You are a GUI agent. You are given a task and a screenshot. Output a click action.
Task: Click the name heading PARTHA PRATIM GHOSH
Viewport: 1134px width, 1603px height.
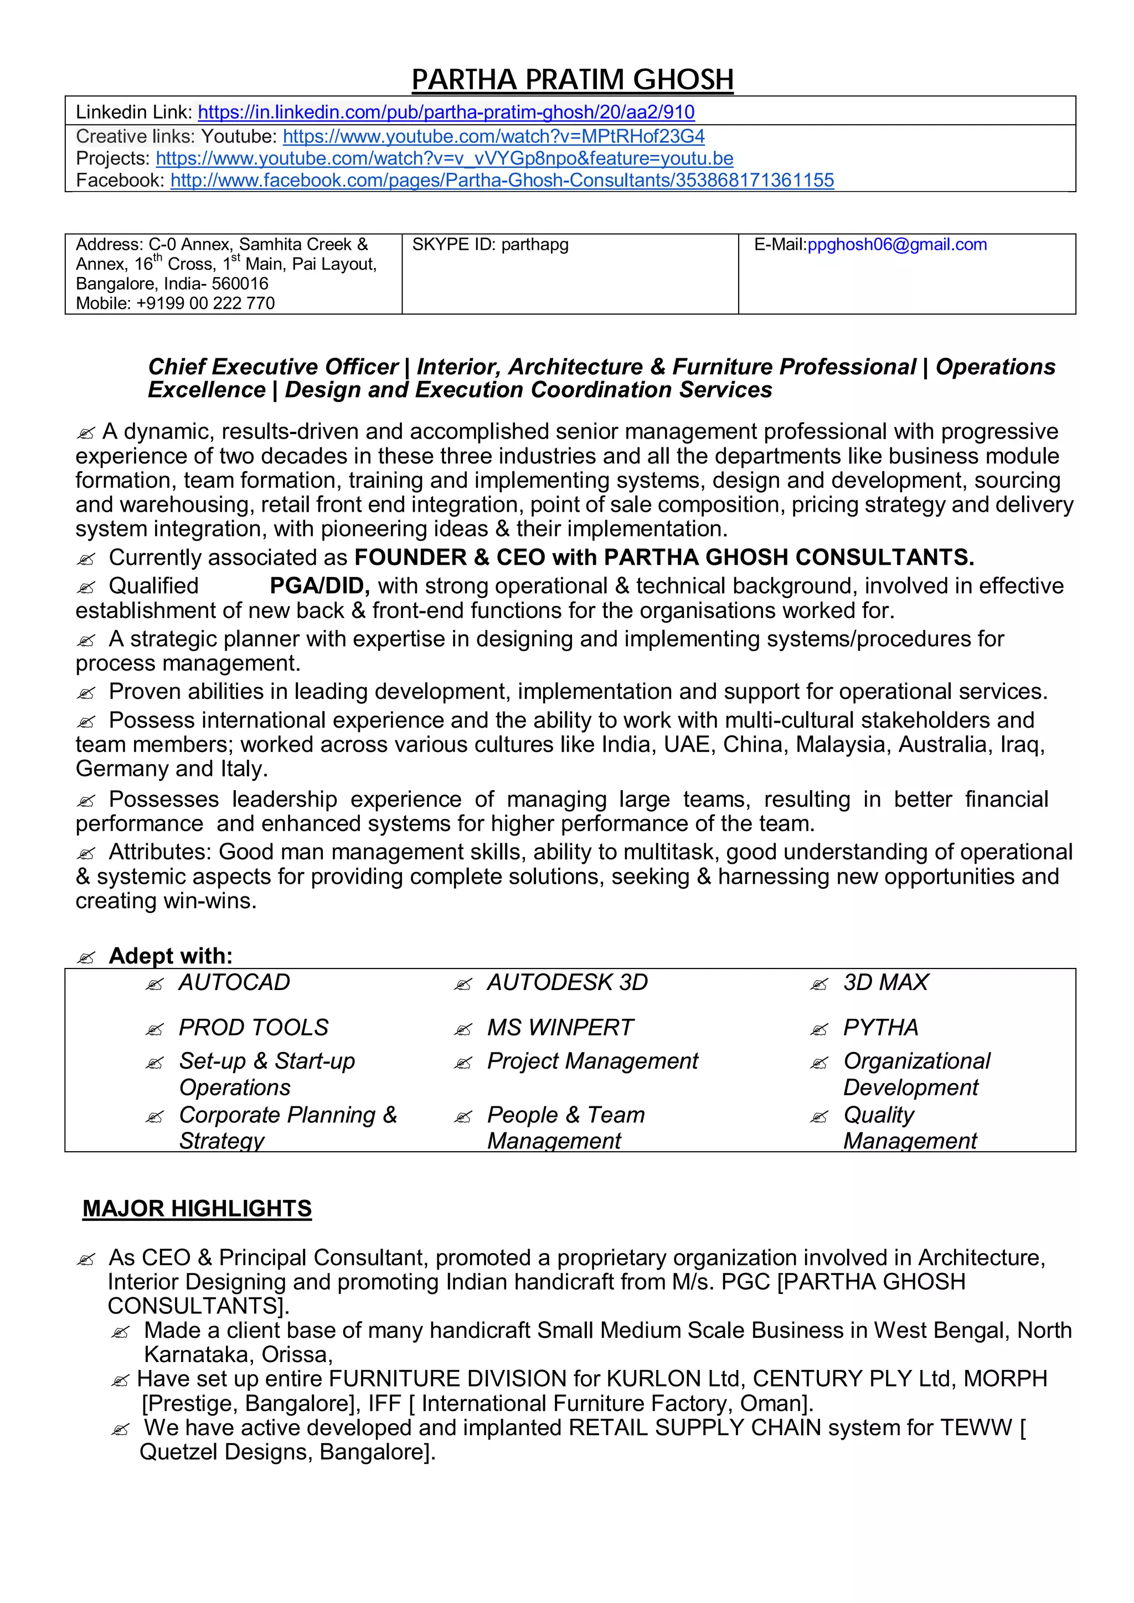pyautogui.click(x=572, y=80)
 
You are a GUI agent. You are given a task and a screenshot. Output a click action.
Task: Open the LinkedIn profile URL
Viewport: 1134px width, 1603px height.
pyautogui.click(x=446, y=112)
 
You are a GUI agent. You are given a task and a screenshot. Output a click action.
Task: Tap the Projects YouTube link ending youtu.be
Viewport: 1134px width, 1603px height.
pyautogui.click(x=444, y=158)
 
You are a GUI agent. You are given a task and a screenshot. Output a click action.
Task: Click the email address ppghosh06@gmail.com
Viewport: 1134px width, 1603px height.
pyautogui.click(x=896, y=244)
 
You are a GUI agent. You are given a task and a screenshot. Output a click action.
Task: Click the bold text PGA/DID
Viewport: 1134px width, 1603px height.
pyautogui.click(x=319, y=586)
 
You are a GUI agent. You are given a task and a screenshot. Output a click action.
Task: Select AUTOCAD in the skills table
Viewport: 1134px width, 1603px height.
pyautogui.click(x=234, y=982)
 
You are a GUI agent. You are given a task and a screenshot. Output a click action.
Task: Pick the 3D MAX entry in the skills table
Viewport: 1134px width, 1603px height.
pyautogui.click(x=885, y=982)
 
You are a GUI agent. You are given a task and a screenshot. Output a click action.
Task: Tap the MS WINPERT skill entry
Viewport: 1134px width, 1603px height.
pyautogui.click(x=559, y=1027)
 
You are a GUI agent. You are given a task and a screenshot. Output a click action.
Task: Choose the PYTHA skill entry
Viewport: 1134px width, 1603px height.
pyautogui.click(x=880, y=1027)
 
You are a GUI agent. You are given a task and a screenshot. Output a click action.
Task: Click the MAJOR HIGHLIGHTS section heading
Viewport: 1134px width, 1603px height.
pyautogui.click(x=197, y=1209)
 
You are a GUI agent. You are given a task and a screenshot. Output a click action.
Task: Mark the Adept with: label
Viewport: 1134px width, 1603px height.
pyautogui.click(x=171, y=956)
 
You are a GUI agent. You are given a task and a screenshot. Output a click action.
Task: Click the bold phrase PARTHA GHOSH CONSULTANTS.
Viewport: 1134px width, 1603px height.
pyautogui.click(x=788, y=557)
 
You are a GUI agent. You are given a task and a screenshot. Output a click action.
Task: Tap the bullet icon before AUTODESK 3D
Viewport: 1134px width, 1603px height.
pyautogui.click(x=462, y=985)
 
